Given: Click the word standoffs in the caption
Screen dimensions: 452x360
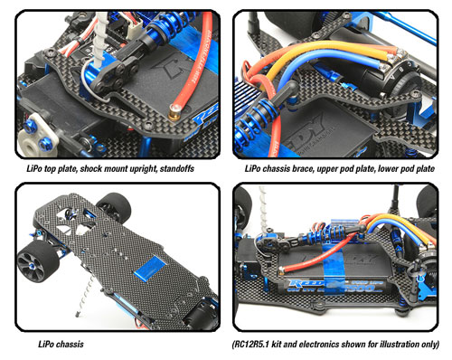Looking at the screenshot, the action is click(177, 168).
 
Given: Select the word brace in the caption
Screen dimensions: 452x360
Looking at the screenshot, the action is click(303, 168).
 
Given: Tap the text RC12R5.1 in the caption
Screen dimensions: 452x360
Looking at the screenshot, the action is click(251, 344).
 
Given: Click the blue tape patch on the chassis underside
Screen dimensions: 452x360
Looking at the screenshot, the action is click(150, 269).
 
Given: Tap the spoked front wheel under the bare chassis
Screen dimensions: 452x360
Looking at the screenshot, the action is click(38, 261).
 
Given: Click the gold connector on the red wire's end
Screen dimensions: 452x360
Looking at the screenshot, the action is click(174, 110).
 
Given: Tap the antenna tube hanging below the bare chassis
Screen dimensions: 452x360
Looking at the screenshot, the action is click(85, 295).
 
